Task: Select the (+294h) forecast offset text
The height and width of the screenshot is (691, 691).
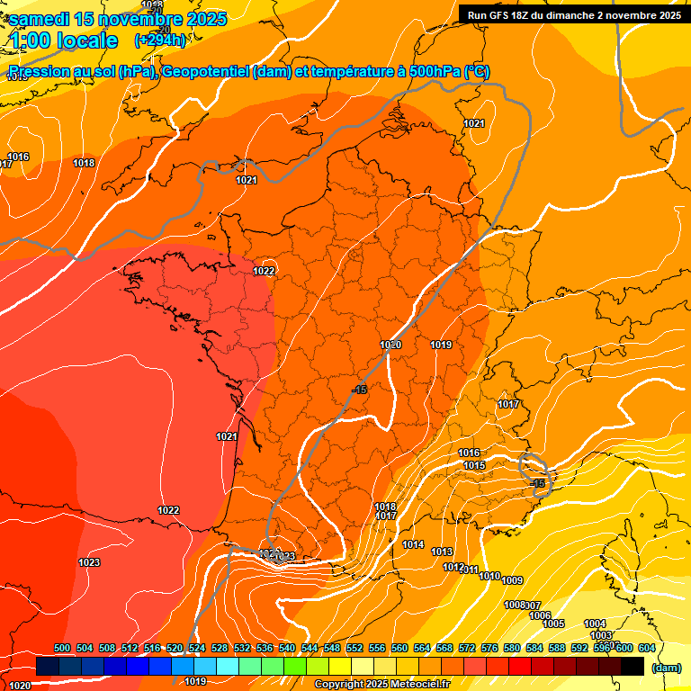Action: (160, 40)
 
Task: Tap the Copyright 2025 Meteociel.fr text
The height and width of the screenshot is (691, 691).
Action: (381, 685)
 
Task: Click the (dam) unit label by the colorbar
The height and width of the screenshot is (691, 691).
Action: (666, 668)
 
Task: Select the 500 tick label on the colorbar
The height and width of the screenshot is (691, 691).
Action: (62, 648)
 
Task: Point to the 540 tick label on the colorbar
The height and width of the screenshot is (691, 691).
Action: (287, 648)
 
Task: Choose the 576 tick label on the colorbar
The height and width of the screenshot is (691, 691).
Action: (489, 648)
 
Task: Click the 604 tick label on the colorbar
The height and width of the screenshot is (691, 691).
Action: (646, 648)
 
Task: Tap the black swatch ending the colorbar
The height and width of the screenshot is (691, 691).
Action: (633, 666)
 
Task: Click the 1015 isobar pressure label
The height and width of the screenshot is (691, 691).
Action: (475, 465)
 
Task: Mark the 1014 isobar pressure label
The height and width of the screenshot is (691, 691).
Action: (413, 544)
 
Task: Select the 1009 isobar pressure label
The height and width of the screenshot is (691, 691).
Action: (513, 580)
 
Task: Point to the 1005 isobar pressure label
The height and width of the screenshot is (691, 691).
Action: (553, 624)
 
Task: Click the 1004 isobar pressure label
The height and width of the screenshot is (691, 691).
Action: (595, 624)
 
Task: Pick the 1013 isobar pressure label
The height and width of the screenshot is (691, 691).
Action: (442, 552)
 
